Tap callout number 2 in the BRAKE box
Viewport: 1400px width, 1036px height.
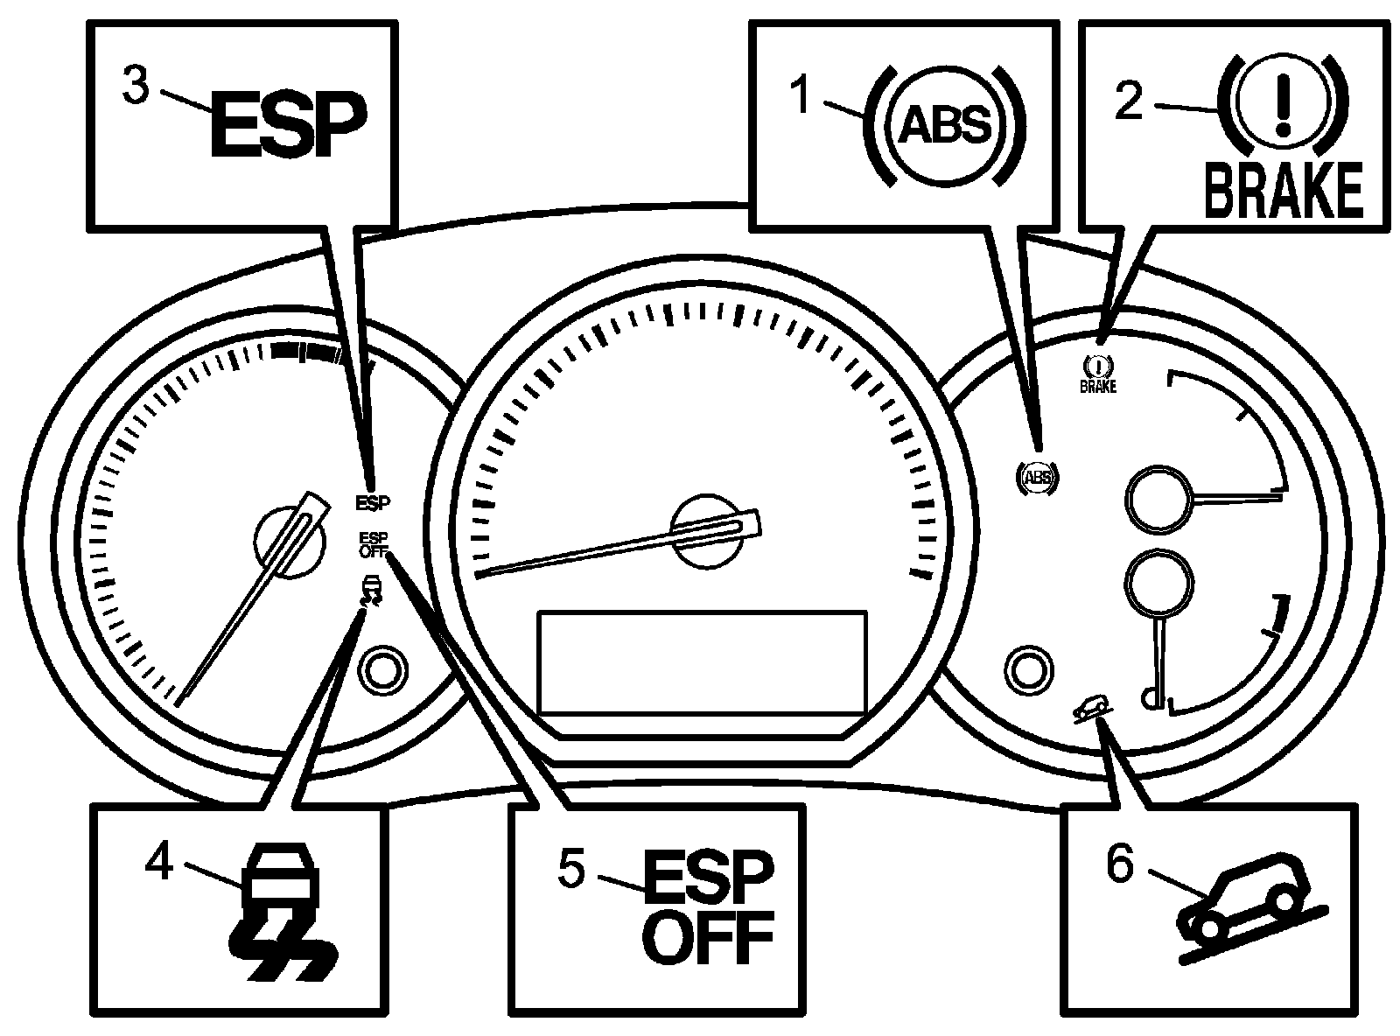pos(1127,101)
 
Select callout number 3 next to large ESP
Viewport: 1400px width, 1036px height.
pos(136,87)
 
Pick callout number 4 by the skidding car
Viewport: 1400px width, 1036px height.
pos(158,862)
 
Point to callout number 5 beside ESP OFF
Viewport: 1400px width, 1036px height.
pos(571,868)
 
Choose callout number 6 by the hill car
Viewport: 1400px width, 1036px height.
pos(1120,864)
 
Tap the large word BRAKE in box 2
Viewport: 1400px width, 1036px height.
pos(1284,189)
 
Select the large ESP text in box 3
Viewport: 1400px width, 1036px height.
pos(287,128)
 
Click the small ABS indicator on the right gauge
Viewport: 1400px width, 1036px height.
pos(1038,476)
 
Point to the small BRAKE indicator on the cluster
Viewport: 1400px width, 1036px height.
pos(1098,374)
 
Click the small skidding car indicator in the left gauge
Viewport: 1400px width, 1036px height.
pos(374,591)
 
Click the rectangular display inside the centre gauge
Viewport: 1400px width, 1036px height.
pos(703,663)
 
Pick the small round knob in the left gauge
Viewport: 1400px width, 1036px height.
pos(382,672)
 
